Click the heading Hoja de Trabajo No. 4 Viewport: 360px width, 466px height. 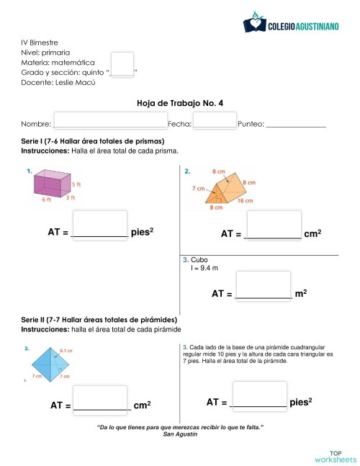click(x=180, y=104)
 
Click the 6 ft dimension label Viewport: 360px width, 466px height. click(x=46, y=200)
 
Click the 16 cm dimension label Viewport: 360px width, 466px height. click(x=245, y=201)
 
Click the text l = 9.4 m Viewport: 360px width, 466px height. click(x=204, y=268)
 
